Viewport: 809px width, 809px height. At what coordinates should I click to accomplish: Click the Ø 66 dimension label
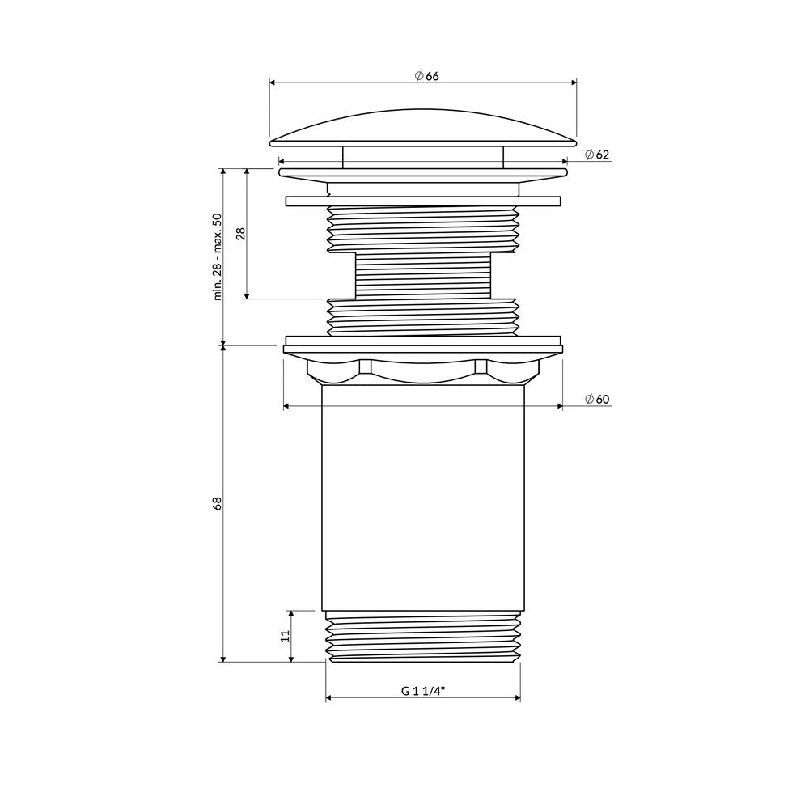point(426,76)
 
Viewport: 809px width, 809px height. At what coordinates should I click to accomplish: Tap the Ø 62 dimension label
point(597,155)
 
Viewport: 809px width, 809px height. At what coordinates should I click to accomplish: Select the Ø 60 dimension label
point(597,399)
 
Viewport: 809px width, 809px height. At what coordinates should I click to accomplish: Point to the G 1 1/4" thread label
point(423,691)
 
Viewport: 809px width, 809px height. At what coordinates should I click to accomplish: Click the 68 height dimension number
point(217,503)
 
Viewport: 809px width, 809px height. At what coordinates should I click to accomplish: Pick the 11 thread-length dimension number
point(286,636)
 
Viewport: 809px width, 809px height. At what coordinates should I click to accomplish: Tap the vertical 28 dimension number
point(240,234)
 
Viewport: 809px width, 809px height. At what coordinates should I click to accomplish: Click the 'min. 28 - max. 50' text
point(217,256)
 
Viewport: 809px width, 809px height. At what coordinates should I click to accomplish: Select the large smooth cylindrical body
point(423,498)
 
